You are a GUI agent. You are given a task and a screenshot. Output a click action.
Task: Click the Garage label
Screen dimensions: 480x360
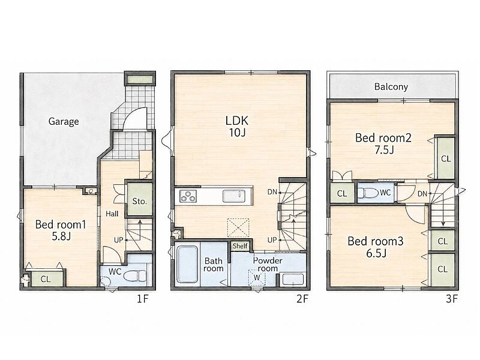pyautogui.click(x=64, y=122)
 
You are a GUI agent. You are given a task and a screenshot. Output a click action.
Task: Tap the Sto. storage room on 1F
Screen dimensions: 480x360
pyautogui.click(x=139, y=199)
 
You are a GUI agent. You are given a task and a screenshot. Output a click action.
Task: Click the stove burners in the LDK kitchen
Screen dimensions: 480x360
pyautogui.click(x=188, y=196)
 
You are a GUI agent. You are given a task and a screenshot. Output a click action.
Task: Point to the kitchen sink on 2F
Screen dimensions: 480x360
pyautogui.click(x=233, y=196)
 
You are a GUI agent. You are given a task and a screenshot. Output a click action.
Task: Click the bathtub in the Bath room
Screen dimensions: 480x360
pyautogui.click(x=187, y=265)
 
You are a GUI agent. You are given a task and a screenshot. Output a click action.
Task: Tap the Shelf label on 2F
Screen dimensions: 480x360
pyautogui.click(x=240, y=246)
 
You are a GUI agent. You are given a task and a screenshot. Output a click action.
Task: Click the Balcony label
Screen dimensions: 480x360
pyautogui.click(x=391, y=86)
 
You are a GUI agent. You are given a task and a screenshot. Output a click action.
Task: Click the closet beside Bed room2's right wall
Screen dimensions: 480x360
pyautogui.click(x=446, y=158)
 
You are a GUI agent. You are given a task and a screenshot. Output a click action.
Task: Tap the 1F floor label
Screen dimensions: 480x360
pyautogui.click(x=143, y=298)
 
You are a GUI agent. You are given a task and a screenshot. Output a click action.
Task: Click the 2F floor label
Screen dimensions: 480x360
pyautogui.click(x=302, y=298)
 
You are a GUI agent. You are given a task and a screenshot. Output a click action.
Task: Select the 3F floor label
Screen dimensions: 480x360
pyautogui.click(x=452, y=298)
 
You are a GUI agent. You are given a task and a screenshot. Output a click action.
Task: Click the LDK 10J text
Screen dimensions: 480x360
pyautogui.click(x=237, y=126)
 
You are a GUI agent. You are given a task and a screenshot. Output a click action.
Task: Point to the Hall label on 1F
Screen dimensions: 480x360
pyautogui.click(x=112, y=214)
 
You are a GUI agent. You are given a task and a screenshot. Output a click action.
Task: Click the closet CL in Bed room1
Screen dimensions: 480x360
pyautogui.click(x=46, y=279)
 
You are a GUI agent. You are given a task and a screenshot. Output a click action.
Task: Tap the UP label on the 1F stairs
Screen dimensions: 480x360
pyautogui.click(x=118, y=240)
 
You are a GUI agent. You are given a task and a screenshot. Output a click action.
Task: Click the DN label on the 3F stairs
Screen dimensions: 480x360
pyautogui.click(x=422, y=193)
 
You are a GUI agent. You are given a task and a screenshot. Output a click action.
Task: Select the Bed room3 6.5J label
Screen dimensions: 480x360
pyautogui.click(x=376, y=247)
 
